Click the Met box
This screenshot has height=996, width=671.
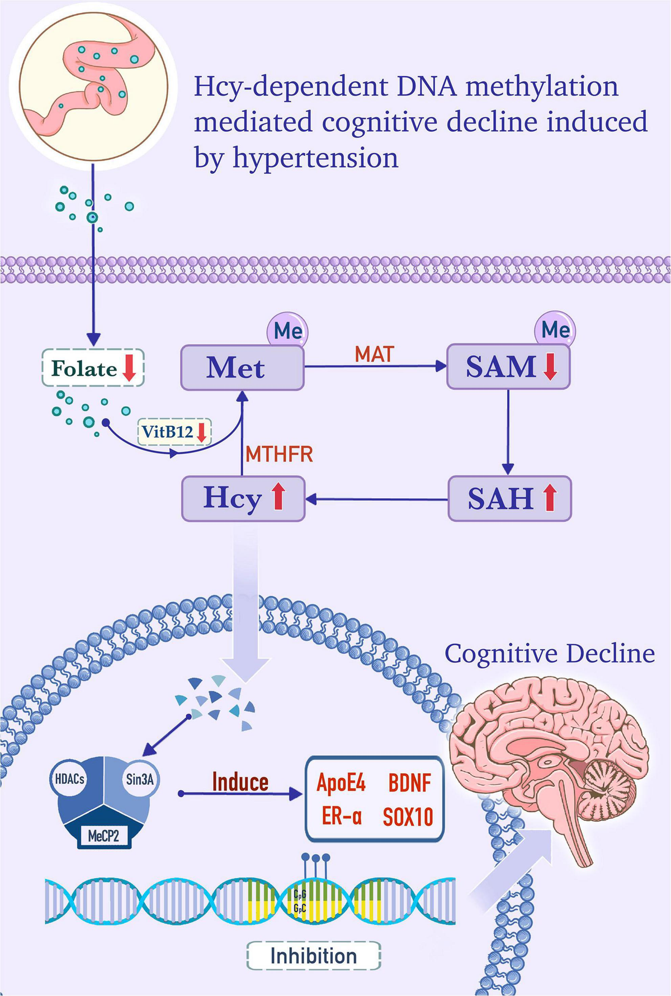click(242, 368)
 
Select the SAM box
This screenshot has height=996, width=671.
click(508, 367)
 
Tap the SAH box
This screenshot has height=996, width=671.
click(509, 498)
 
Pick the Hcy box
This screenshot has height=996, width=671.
click(243, 498)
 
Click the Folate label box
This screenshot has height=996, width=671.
click(93, 368)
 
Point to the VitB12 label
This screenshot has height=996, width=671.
click(174, 432)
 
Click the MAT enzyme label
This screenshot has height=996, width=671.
click(374, 354)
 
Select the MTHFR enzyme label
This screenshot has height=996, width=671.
click(279, 454)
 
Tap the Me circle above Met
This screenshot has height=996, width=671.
click(287, 331)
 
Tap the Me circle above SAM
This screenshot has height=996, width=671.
click(555, 330)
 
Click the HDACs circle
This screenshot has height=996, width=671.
click(70, 779)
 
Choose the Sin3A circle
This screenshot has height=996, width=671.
click(139, 779)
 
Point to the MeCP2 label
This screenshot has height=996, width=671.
click(103, 836)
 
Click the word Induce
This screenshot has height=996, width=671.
click(240, 782)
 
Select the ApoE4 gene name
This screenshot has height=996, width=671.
click(341, 783)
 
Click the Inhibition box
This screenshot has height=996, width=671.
click(313, 956)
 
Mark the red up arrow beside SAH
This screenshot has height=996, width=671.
click(550, 498)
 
